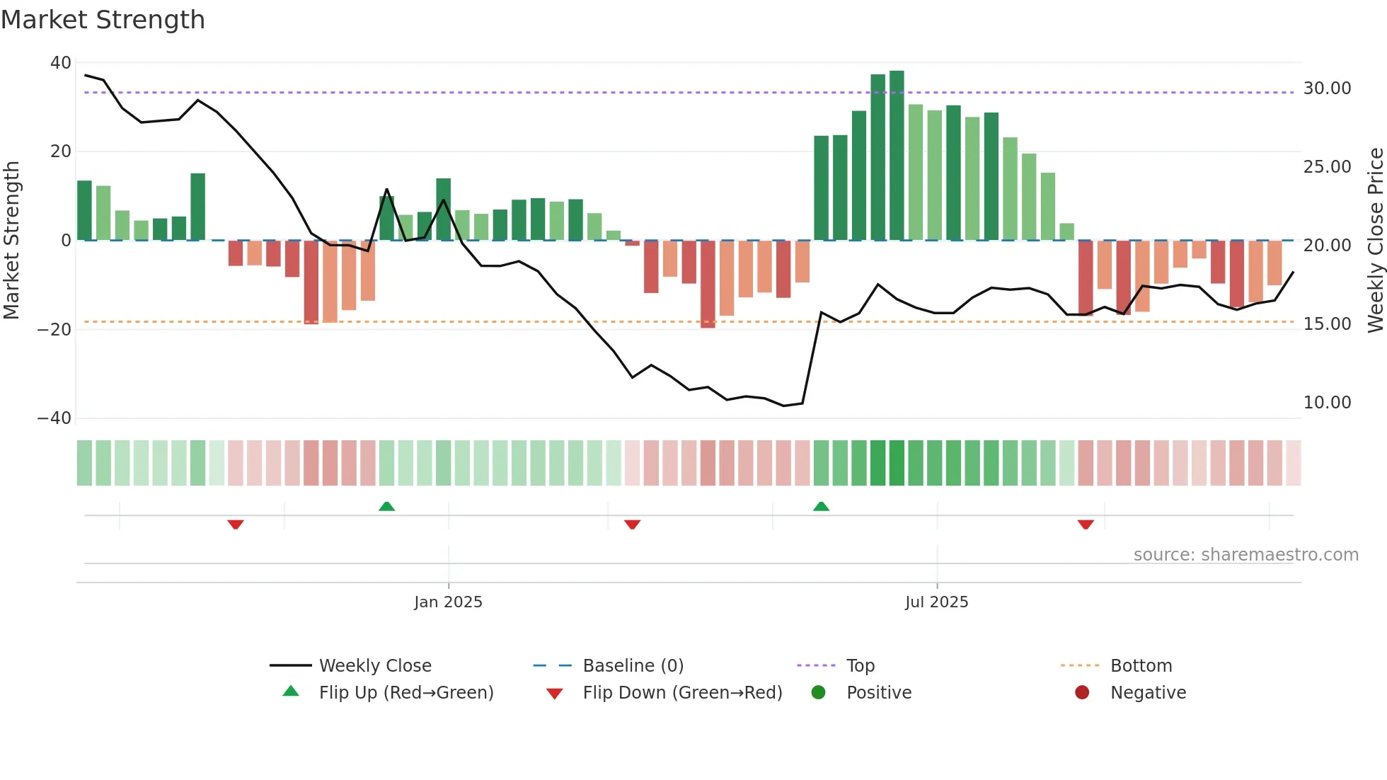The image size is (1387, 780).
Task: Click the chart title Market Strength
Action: point(103,20)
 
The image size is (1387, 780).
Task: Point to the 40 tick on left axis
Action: point(61,63)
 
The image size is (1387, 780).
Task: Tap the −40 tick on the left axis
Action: point(54,418)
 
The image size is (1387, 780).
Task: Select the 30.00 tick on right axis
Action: point(1327,88)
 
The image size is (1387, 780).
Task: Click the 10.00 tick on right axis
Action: point(1327,403)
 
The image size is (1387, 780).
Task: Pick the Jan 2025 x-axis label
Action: point(448,602)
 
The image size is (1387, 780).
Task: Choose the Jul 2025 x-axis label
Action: point(936,602)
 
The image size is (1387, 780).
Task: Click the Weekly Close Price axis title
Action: point(1375,241)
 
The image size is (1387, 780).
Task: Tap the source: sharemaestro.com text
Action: point(1245,555)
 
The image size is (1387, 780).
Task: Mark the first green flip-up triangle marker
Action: point(386,507)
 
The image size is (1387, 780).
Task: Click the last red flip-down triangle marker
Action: point(1086,524)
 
